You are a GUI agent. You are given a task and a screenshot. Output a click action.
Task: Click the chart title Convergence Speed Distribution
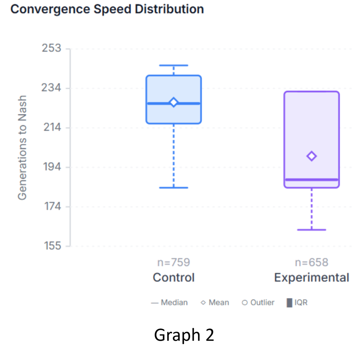(107, 9)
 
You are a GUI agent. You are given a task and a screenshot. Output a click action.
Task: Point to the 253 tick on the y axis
(51, 48)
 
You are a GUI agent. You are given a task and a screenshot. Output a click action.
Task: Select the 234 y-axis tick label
(51, 88)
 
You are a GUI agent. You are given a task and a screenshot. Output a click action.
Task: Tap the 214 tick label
(52, 127)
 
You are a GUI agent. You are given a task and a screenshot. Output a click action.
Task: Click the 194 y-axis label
(52, 167)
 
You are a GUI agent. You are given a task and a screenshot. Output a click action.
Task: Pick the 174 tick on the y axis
(53, 206)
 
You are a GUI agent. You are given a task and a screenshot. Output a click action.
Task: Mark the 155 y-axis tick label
(52, 246)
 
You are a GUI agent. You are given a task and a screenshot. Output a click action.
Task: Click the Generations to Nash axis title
(22, 148)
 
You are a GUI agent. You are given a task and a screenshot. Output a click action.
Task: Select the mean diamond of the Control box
(173, 102)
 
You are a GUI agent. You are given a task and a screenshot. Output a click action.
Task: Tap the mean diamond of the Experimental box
(312, 156)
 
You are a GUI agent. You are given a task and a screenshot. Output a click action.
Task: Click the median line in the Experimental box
(312, 180)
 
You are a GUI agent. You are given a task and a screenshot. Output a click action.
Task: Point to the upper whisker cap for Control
(173, 65)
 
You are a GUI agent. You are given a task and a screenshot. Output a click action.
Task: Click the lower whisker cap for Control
(173, 188)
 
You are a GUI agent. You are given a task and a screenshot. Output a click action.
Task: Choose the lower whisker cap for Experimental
(312, 230)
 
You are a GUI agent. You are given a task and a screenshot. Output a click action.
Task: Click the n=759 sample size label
(173, 262)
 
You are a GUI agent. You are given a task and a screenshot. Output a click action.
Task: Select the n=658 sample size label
(312, 262)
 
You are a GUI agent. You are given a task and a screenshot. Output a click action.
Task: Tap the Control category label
(173, 278)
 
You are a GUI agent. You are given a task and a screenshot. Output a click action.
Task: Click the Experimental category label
(312, 278)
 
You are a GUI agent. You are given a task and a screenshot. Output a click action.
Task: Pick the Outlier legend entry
(258, 302)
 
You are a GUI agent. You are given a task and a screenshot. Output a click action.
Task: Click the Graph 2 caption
(184, 335)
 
